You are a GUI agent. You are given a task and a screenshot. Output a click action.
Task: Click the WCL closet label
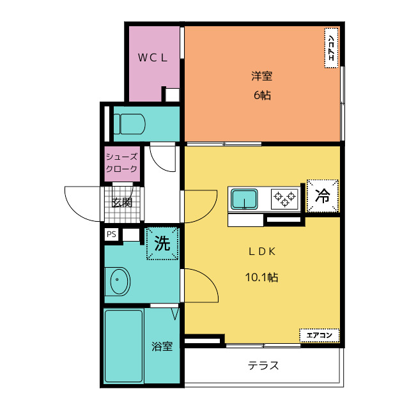(x=153, y=58)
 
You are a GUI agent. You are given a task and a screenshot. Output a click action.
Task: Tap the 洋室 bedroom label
(x=262, y=76)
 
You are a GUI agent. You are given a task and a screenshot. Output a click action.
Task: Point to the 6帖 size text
(x=262, y=95)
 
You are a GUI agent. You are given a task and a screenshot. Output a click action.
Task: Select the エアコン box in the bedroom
(x=331, y=48)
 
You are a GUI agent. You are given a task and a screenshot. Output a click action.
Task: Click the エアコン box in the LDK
(x=320, y=336)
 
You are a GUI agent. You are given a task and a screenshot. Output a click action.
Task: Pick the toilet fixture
(x=129, y=124)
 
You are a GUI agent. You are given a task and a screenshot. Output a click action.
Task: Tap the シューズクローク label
(x=121, y=163)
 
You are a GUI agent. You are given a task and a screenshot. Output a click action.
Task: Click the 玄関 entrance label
(x=122, y=203)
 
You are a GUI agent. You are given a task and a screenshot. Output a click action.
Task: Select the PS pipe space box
(x=111, y=235)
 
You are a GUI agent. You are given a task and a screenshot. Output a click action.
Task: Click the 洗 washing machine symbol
(x=162, y=243)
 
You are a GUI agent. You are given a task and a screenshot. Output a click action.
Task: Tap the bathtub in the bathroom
(x=124, y=346)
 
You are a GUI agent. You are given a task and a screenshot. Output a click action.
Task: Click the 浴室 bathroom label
(x=162, y=346)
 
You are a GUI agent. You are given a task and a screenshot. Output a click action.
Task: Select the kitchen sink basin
(x=244, y=199)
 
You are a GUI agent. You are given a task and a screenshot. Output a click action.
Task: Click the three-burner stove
(x=284, y=199)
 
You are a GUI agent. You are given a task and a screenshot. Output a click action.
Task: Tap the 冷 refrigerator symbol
(x=323, y=196)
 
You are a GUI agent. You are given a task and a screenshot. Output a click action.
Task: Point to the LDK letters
(x=262, y=252)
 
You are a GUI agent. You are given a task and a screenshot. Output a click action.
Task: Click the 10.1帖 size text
(x=261, y=277)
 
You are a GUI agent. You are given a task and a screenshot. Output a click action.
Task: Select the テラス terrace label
(x=263, y=366)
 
